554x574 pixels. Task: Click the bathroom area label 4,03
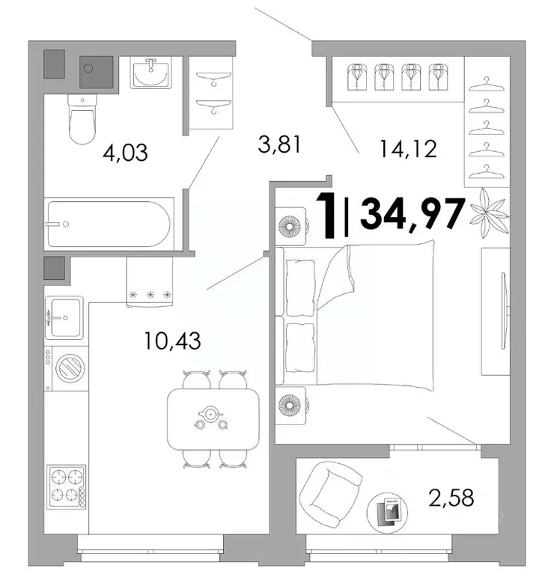tap(125, 153)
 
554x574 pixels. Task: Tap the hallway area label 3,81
tap(278, 144)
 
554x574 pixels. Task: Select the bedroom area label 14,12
tap(407, 150)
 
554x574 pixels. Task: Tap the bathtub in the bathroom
tap(109, 223)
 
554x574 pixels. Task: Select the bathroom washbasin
tap(154, 73)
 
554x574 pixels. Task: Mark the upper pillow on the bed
tap(302, 287)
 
